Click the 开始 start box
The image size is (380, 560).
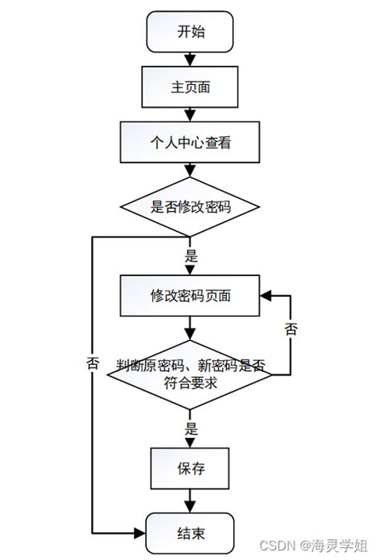pos(190,32)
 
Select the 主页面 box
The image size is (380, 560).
pos(190,87)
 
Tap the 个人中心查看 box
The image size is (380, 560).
pos(190,143)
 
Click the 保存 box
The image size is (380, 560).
pos(190,469)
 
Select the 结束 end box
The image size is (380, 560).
pos(190,532)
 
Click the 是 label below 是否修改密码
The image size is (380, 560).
pos(191,258)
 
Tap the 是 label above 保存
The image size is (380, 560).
pos(191,428)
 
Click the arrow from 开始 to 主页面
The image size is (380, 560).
pos(190,59)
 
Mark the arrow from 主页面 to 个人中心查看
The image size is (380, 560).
pos(190,114)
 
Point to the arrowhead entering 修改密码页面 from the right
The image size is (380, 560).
pos(265,294)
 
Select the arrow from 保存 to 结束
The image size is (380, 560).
pos(190,501)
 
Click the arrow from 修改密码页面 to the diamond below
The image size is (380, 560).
pos(190,327)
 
